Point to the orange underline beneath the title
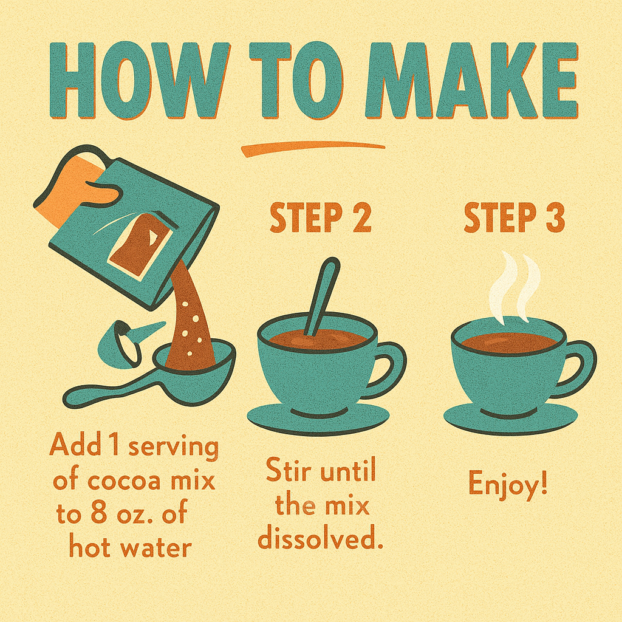point(313,149)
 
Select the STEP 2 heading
point(321,218)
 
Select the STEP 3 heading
point(514,218)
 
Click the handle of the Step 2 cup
point(391,367)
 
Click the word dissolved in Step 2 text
point(321,539)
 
